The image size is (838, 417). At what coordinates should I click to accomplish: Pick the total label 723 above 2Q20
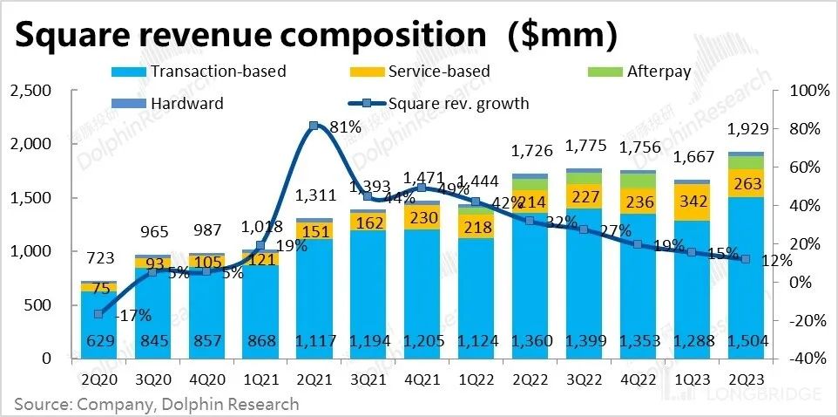click(x=99, y=258)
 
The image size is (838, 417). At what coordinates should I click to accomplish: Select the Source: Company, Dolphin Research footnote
click(x=157, y=403)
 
